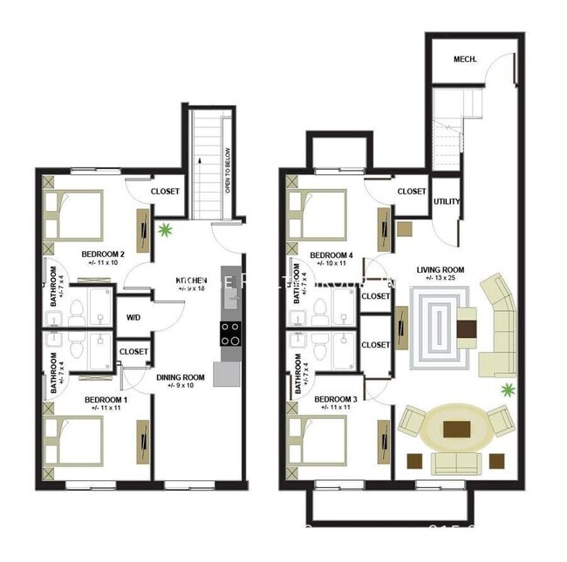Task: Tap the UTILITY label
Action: click(446, 201)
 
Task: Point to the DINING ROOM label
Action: click(181, 377)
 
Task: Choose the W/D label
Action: click(134, 317)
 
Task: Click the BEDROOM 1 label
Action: click(105, 400)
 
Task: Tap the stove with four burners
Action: click(229, 332)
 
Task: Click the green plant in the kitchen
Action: click(165, 231)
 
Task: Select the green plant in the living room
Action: click(506, 389)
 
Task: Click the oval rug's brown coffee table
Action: click(456, 429)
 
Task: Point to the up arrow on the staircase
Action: click(200, 160)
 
